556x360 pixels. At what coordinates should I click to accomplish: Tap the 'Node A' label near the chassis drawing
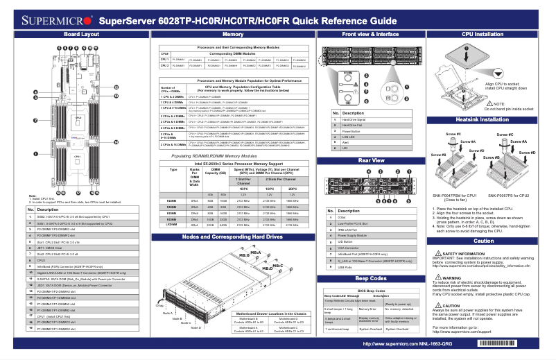point(167,313)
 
